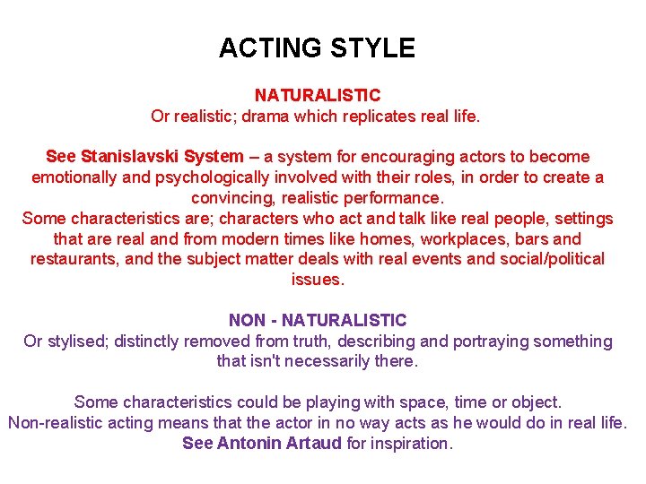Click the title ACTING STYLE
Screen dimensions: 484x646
coord(317,48)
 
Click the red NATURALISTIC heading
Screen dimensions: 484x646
coord(318,95)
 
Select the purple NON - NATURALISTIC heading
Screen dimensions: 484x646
coord(318,320)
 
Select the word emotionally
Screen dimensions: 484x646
coord(74,177)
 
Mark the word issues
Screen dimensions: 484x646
coord(317,280)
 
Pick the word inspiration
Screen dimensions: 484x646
coord(409,444)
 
